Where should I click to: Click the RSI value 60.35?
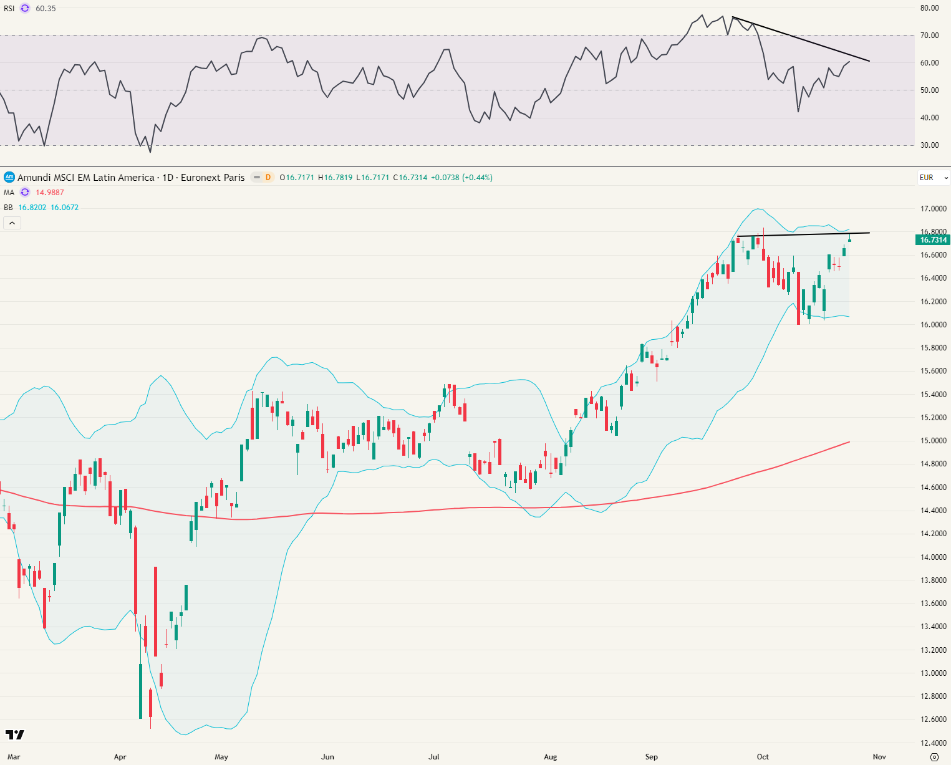pos(46,9)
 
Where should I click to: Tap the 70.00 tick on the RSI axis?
pos(929,36)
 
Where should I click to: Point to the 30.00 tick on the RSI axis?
pos(929,145)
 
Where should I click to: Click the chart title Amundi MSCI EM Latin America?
pos(86,178)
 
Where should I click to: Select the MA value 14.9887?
pos(49,193)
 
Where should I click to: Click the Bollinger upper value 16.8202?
pos(32,208)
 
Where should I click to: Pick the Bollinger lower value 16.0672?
pos(65,208)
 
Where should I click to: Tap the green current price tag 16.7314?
pos(934,240)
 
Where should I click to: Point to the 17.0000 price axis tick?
pos(934,209)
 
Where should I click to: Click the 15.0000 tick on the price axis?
pos(934,441)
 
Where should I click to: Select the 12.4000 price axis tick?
pos(934,743)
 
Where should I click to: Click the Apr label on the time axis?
pos(120,757)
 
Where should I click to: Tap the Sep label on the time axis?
pos(651,757)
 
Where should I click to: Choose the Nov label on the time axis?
pos(879,757)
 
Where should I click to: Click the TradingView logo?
pos(14,735)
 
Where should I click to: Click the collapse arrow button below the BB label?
pos(12,223)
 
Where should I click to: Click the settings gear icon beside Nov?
pos(934,757)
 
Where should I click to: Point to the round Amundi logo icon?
pos(9,178)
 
